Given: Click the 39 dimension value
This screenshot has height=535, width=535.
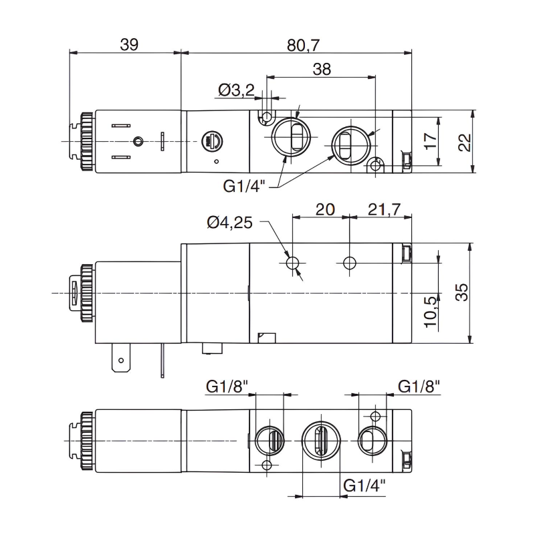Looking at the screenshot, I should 128,45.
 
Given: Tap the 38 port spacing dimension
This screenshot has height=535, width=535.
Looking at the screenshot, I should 322,69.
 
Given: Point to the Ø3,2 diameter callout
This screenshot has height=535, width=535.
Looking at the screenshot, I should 236,90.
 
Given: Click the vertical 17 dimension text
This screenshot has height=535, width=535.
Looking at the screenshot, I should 431,140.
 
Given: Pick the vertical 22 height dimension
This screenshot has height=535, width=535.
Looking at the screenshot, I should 465,142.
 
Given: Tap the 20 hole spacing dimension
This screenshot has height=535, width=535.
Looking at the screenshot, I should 324,209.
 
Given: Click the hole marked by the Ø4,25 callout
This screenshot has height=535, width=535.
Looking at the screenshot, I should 293,263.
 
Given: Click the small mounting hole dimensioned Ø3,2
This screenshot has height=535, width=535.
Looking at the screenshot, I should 267,118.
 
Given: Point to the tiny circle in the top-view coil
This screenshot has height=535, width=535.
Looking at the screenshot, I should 138,142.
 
